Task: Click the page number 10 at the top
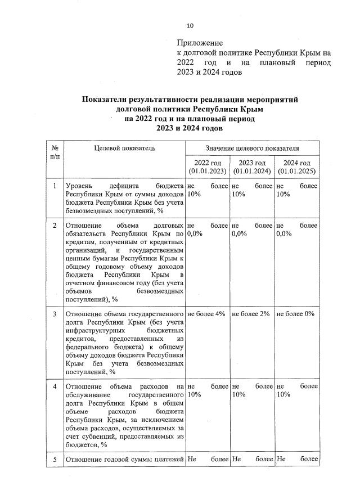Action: (190, 25)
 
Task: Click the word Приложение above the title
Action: (200, 43)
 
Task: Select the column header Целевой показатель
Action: (125, 148)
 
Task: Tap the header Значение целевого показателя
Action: (252, 148)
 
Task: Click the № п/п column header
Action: (54, 151)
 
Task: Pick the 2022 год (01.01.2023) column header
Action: (208, 167)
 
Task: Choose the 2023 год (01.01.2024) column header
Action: (252, 167)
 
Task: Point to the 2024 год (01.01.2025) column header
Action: (297, 167)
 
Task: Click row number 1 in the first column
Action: (55, 186)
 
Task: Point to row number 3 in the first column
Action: (55, 313)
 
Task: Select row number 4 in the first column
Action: (55, 386)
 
